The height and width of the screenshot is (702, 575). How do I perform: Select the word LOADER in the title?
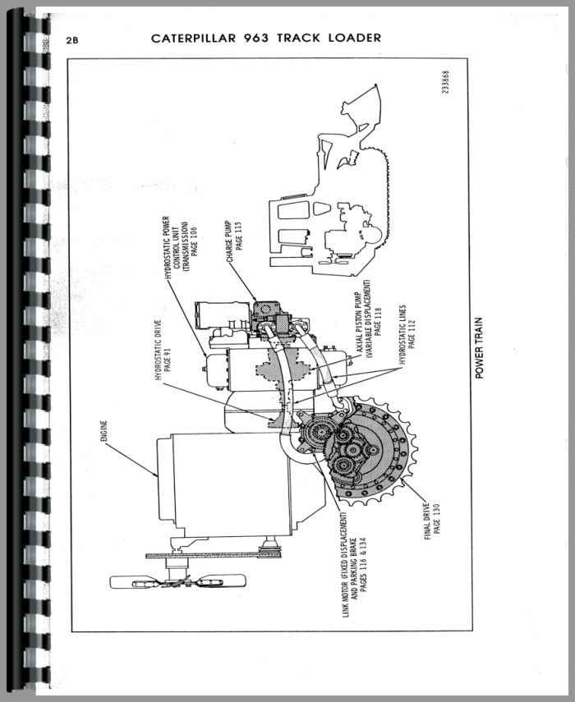coord(353,39)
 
